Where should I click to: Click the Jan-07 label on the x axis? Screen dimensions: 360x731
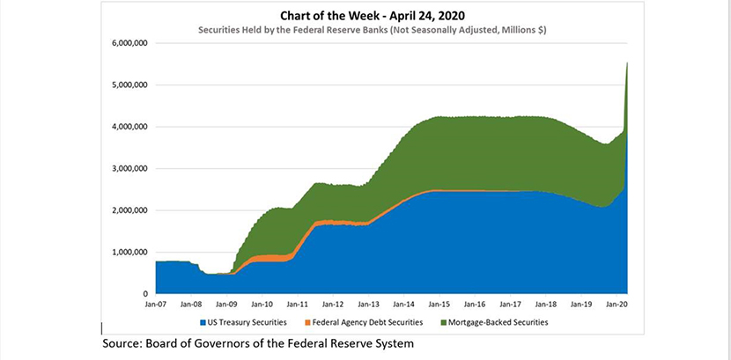click(156, 304)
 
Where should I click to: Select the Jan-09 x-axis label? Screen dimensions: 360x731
click(226, 304)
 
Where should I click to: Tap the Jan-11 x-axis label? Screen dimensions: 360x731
click(297, 304)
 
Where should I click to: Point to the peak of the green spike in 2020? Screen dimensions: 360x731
click(626, 63)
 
